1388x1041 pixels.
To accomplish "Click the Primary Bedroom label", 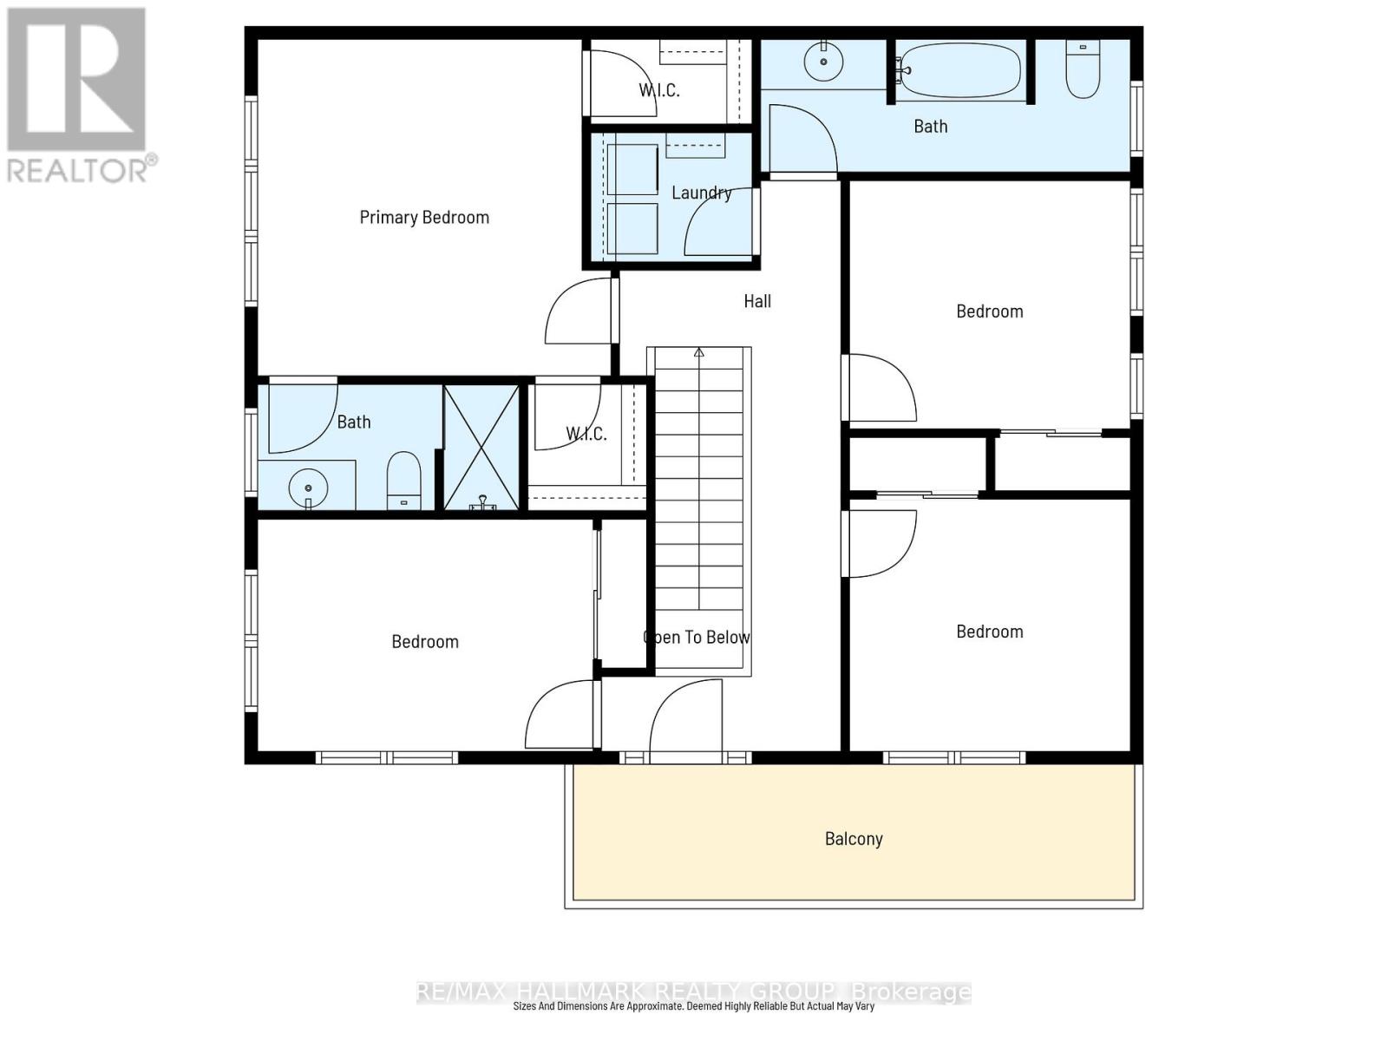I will [424, 217].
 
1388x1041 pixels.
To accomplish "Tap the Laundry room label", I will [701, 193].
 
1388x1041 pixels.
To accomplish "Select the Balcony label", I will [854, 839].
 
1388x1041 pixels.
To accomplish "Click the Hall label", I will [757, 301].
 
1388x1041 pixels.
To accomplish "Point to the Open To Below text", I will [697, 638].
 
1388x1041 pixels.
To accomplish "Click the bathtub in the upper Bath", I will [959, 69].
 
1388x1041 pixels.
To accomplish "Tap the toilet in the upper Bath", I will [1083, 69].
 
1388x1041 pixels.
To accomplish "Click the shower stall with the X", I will [481, 448].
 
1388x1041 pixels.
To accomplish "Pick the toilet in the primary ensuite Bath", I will [403, 480].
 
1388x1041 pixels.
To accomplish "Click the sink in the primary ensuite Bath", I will [308, 488].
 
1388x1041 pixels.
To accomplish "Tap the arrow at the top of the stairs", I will [698, 353].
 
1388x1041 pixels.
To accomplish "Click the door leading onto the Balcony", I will [685, 720].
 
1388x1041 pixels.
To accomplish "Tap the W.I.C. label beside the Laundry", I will [659, 90].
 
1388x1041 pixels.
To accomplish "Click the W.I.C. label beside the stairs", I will [586, 434].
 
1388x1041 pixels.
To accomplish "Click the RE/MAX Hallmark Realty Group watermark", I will [694, 992].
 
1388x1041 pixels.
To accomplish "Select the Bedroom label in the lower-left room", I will [425, 642].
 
